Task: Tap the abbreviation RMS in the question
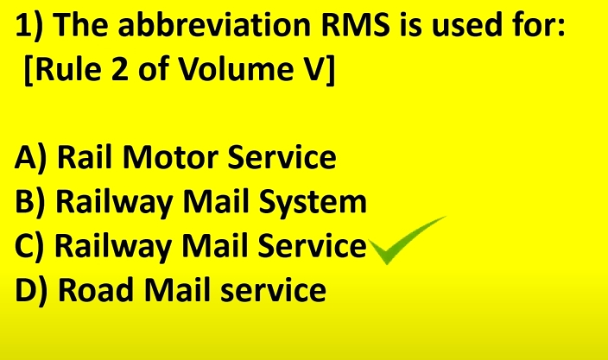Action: pos(355,25)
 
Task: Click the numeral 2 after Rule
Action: pos(119,69)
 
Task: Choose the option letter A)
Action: pos(30,158)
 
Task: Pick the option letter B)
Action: pos(30,201)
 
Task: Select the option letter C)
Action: pos(29,246)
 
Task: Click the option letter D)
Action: pos(31,289)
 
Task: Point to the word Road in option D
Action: pos(96,289)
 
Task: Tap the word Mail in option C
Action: pos(215,245)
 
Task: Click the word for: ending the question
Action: pos(539,25)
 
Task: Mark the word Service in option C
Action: pos(312,245)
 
